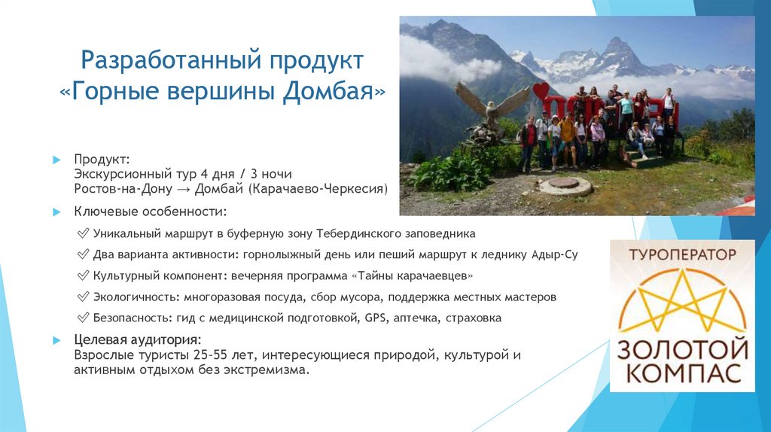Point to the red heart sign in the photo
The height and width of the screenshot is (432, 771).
(x=541, y=93)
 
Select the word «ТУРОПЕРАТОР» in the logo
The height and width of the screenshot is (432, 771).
(x=681, y=254)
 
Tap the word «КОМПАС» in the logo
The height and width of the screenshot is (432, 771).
(x=682, y=373)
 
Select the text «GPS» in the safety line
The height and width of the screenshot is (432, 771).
(x=374, y=318)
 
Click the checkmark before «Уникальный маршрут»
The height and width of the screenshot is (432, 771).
(x=83, y=233)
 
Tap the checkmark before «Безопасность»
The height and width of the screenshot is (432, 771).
(x=83, y=318)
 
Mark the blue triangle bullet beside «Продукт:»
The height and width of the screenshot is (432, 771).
(x=56, y=160)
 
